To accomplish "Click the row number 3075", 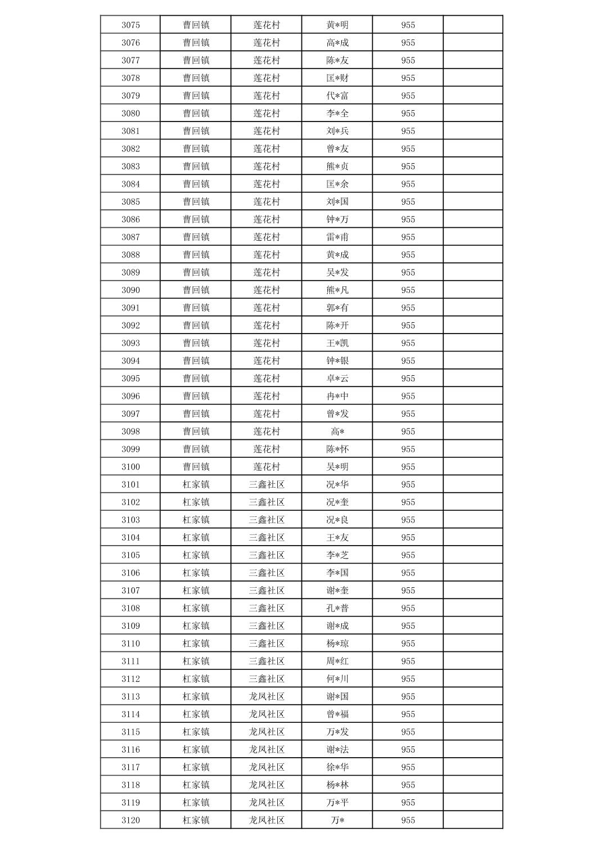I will tap(130, 25).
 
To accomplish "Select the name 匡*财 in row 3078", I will tap(337, 78).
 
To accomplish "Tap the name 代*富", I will tap(337, 96).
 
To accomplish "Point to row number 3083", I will tap(130, 166).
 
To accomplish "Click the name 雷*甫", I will tap(337, 237).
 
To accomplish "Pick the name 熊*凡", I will tap(337, 290).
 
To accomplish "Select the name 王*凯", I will tap(337, 343).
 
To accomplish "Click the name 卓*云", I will tap(337, 379).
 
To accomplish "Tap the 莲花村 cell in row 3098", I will tap(267, 431).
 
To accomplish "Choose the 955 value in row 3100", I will tap(408, 467).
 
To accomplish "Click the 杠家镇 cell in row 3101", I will tap(196, 484).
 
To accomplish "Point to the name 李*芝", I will tap(337, 555).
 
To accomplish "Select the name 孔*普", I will tap(337, 608).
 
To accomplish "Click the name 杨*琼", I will tap(337, 643).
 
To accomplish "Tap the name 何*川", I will tap(337, 679).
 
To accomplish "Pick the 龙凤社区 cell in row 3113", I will tap(267, 696).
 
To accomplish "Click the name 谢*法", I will tap(337, 750).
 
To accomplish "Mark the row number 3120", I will tap(130, 820).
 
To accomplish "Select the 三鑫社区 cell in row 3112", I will tap(267, 679).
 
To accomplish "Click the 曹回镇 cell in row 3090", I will tap(196, 290).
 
